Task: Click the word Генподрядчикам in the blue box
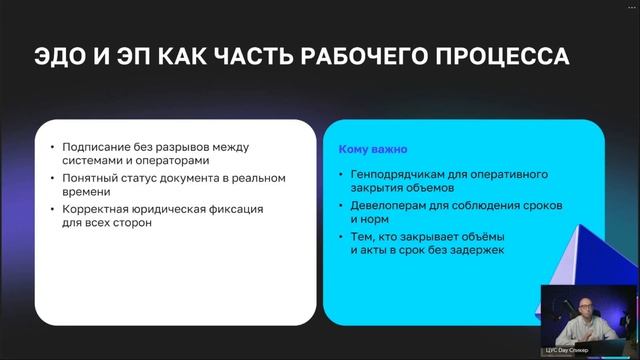[396, 173]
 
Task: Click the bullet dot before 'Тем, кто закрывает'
[342, 235]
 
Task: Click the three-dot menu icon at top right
[627, 5]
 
